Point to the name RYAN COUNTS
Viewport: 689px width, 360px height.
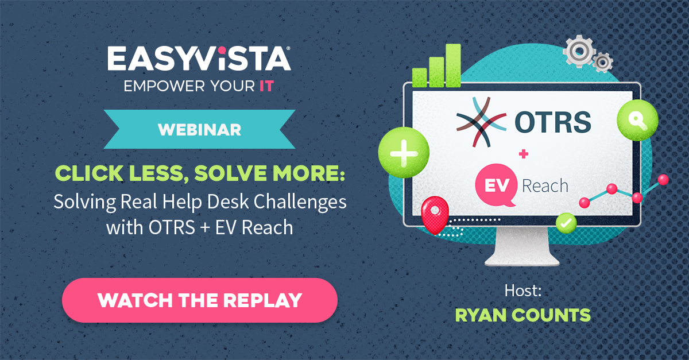pyautogui.click(x=522, y=315)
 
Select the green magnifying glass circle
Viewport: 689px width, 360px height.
pyautogui.click(x=633, y=122)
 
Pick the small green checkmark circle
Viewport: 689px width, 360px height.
pyautogui.click(x=566, y=222)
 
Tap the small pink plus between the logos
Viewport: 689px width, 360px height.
pyautogui.click(x=523, y=153)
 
